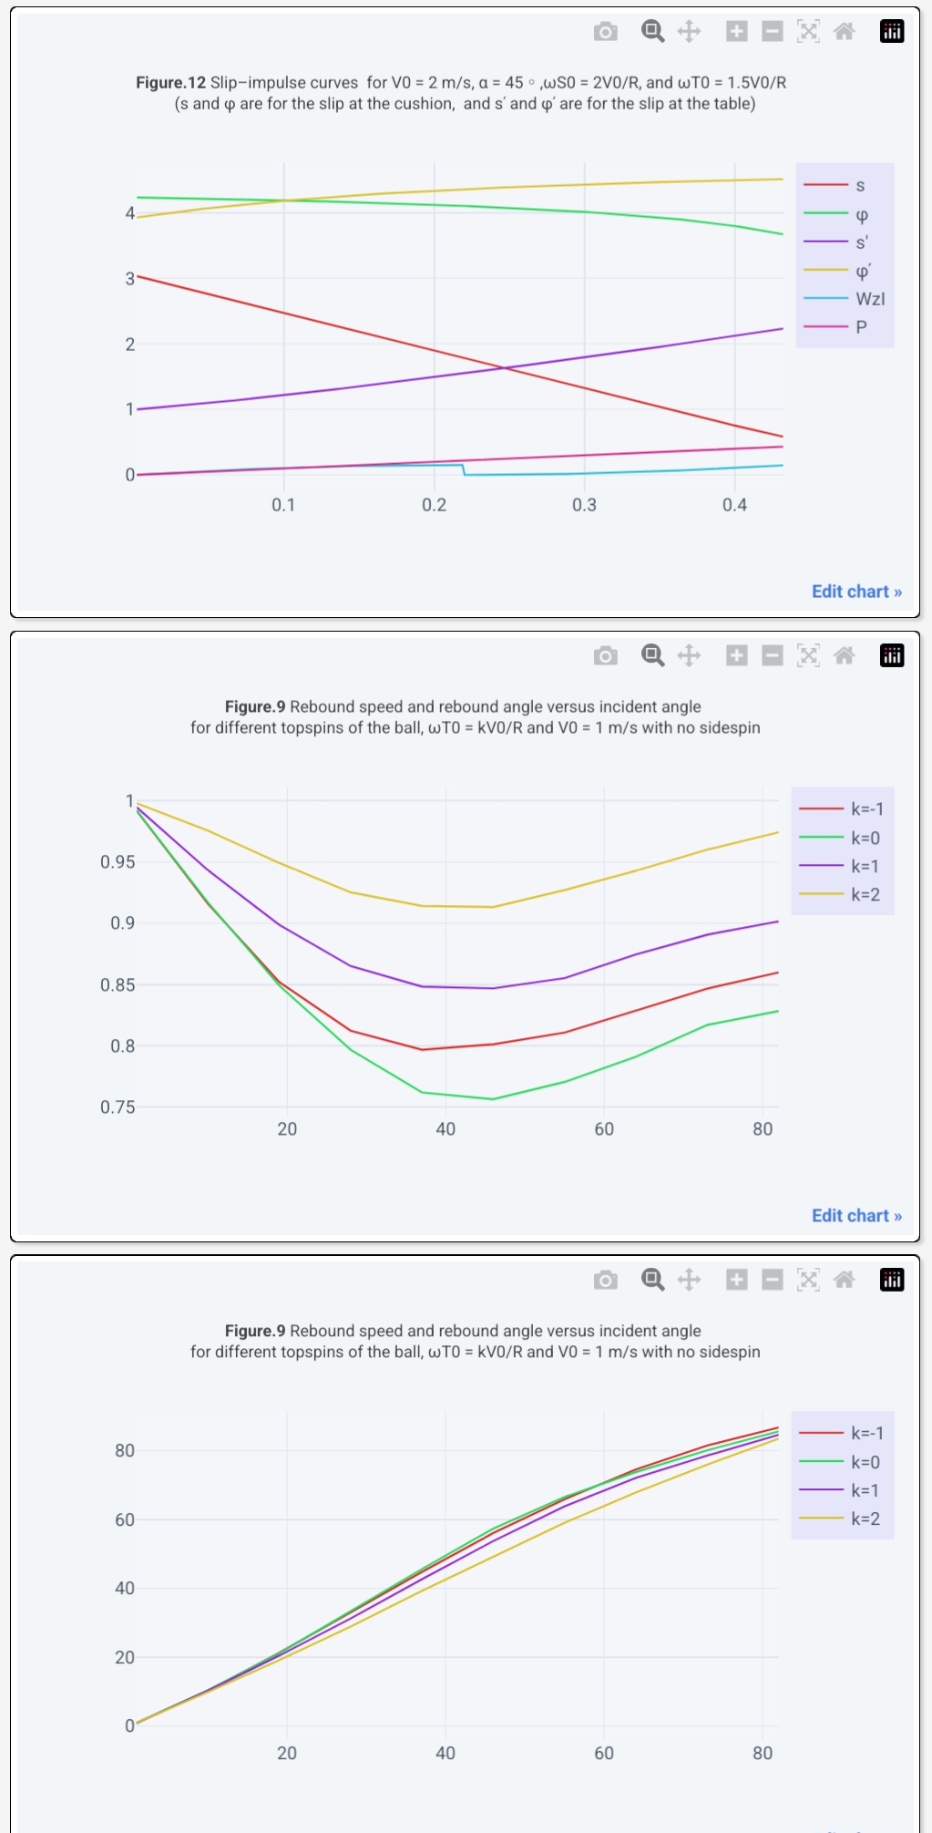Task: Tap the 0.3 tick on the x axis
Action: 584,505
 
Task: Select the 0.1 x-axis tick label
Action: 283,505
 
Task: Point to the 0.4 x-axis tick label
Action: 734,505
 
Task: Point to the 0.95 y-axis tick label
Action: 118,862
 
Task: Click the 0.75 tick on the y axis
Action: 118,1107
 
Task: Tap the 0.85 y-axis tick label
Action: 118,985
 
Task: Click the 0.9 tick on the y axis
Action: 122,923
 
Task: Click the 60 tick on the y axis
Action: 124,1519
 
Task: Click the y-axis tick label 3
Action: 129,279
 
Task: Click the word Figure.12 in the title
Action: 171,83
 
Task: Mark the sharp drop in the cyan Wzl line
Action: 464,470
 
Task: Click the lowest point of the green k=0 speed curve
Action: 493,1099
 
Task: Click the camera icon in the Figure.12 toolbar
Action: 605,32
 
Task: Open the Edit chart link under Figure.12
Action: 856,592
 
